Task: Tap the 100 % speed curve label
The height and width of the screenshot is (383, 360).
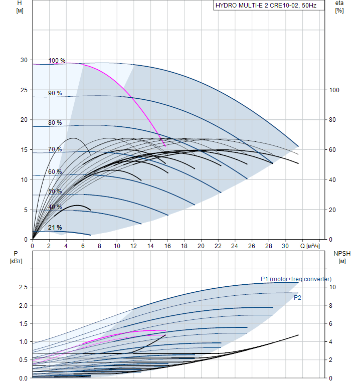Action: pyautogui.click(x=57, y=61)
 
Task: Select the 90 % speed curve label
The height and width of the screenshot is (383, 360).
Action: pyautogui.click(x=55, y=93)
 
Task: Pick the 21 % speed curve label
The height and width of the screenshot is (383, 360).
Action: pyautogui.click(x=55, y=228)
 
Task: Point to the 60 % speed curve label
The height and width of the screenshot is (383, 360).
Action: pyautogui.click(x=55, y=172)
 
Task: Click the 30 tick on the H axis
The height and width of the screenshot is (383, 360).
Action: pyautogui.click(x=24, y=60)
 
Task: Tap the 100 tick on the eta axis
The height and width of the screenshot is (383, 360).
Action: pyautogui.click(x=334, y=90)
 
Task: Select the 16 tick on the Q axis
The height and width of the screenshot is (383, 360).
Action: pyautogui.click(x=167, y=246)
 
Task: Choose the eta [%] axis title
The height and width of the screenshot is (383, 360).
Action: pyautogui.click(x=339, y=7)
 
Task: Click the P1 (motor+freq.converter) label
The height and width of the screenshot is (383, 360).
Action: pyautogui.click(x=296, y=279)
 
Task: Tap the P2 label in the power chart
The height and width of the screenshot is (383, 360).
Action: pyautogui.click(x=297, y=297)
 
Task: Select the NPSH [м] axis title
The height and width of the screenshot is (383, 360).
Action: pyautogui.click(x=342, y=257)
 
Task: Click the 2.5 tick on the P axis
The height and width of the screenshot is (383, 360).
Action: pyautogui.click(x=23, y=287)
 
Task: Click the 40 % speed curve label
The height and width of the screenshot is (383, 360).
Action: pyautogui.click(x=55, y=207)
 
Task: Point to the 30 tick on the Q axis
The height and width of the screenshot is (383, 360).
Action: pyautogui.click(x=285, y=246)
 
